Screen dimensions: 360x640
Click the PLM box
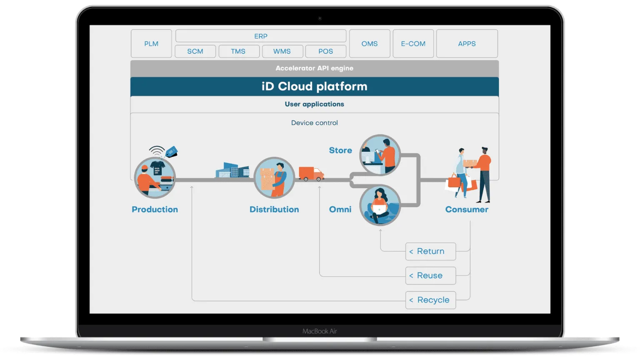[x=151, y=44]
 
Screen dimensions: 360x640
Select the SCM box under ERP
[x=195, y=51]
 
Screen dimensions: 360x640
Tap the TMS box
[x=238, y=51]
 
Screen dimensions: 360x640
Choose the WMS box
[x=282, y=51]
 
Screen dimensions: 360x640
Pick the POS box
[x=325, y=51]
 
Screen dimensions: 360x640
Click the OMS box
[x=370, y=44]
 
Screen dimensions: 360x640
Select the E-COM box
[x=413, y=44]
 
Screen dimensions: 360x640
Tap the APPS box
[x=467, y=44]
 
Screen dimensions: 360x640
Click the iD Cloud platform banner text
[x=315, y=87]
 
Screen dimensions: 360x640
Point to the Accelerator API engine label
[x=315, y=68]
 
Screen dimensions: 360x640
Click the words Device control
[x=315, y=123]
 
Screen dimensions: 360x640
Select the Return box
[x=430, y=251]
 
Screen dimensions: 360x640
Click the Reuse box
[x=430, y=275]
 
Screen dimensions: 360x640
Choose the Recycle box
[x=430, y=300]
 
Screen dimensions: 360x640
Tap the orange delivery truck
[x=311, y=173]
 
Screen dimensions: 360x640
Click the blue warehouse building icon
[x=232, y=170]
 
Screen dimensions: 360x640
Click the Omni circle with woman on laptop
[x=380, y=205]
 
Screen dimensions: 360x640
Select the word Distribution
[x=274, y=210]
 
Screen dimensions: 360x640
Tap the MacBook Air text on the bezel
[x=320, y=331]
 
